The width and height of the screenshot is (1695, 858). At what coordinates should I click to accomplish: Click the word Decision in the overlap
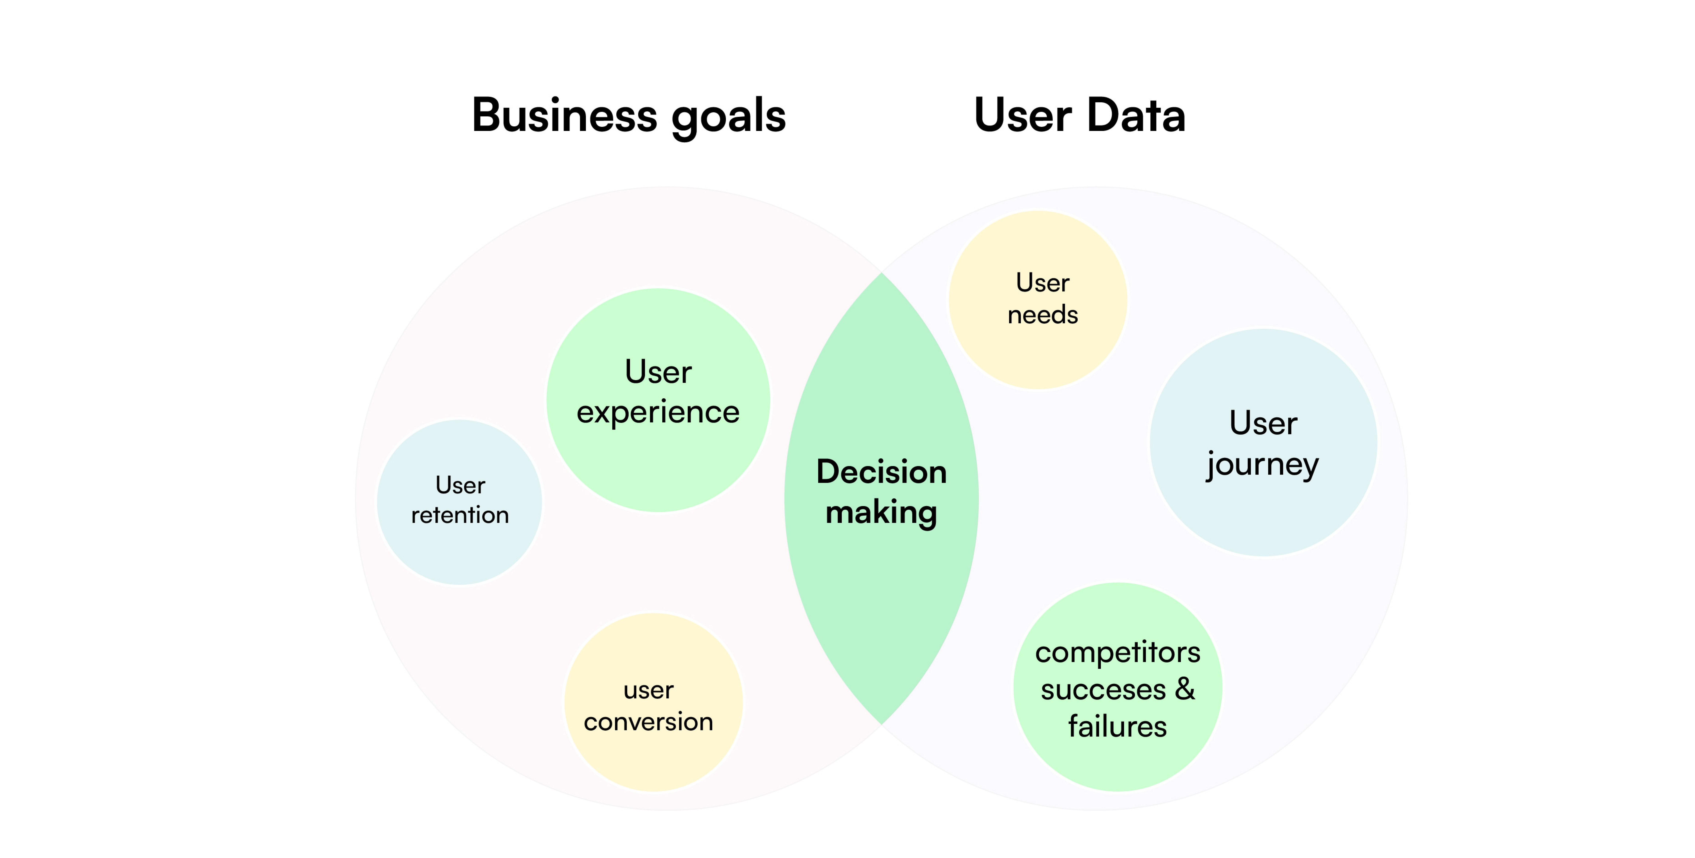point(882,472)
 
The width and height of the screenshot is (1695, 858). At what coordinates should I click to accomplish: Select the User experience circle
point(658,400)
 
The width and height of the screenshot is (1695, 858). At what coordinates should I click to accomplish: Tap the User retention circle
point(459,502)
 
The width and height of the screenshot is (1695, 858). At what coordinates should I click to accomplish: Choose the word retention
point(460,515)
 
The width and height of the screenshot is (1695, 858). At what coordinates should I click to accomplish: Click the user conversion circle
point(653,702)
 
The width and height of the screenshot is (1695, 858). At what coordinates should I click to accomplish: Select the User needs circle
point(1038,300)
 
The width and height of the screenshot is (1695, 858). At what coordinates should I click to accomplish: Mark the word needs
point(1043,314)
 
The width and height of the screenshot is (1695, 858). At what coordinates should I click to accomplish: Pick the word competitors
point(1118,653)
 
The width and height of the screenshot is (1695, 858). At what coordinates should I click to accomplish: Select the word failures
point(1117,726)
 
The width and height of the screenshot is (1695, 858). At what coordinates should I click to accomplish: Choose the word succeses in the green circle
point(1104,690)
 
